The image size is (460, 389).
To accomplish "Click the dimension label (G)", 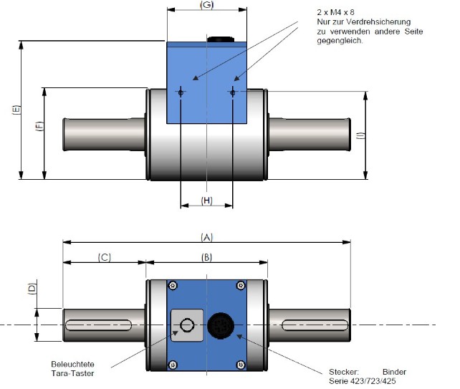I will click(x=207, y=6).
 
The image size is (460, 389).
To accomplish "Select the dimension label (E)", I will click(x=16, y=110).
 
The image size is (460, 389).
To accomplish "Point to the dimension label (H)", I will click(x=206, y=200).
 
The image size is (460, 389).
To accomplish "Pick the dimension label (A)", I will click(x=208, y=237).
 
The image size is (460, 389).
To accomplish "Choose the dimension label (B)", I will click(x=206, y=257).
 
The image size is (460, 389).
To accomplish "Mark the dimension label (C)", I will click(x=104, y=257).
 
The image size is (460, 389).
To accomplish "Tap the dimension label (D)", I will click(x=31, y=289).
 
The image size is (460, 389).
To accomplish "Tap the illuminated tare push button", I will click(x=187, y=326).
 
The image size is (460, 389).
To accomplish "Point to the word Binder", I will click(x=394, y=371).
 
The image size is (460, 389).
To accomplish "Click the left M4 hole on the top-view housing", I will click(x=181, y=92).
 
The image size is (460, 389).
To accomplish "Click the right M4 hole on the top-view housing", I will click(x=234, y=92).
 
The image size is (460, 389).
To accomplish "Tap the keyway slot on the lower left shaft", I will click(x=99, y=326).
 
